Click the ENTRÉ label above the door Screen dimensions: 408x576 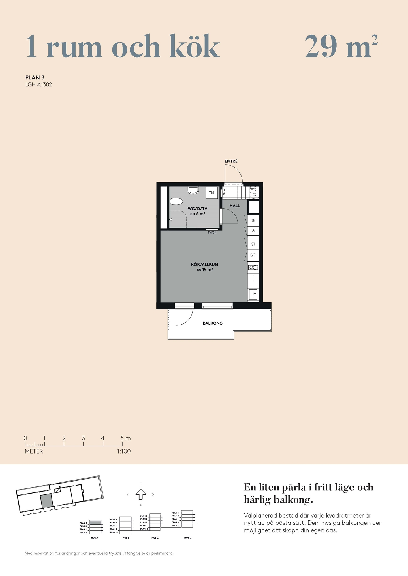pos(231,161)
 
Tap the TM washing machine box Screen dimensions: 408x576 pos(212,193)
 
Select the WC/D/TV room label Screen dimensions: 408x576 pos(198,209)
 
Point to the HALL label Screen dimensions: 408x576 pos(235,206)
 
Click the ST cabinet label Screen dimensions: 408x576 pos(253,244)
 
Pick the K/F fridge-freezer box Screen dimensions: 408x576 pos(253,255)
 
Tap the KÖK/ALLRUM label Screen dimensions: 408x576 pos(205,264)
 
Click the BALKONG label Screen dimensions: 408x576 pos(213,323)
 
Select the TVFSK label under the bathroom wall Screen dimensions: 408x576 pos(212,232)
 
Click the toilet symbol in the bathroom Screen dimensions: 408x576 pos(176,201)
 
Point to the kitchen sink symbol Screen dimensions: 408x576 pos(253,268)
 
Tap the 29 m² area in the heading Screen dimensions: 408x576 pos(341,46)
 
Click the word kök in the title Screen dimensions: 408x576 pos(195,46)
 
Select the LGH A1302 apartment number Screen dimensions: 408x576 pos(39,85)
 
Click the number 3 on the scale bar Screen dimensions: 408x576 pos(84,438)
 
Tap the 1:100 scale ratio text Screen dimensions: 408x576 pos(124,451)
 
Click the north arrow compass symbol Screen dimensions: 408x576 pos(141,494)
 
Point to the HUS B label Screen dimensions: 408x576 pos(126,538)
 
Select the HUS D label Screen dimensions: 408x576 pos(188,538)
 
